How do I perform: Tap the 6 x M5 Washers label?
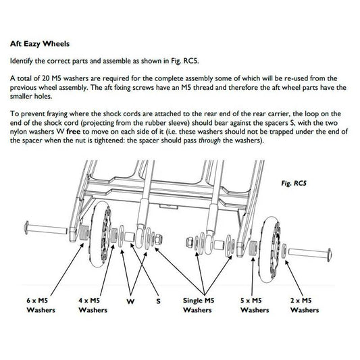tap(41, 305)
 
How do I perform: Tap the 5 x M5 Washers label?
tap(255, 305)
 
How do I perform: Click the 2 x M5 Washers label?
tap(304, 305)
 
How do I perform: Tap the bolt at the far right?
tap(310, 252)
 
